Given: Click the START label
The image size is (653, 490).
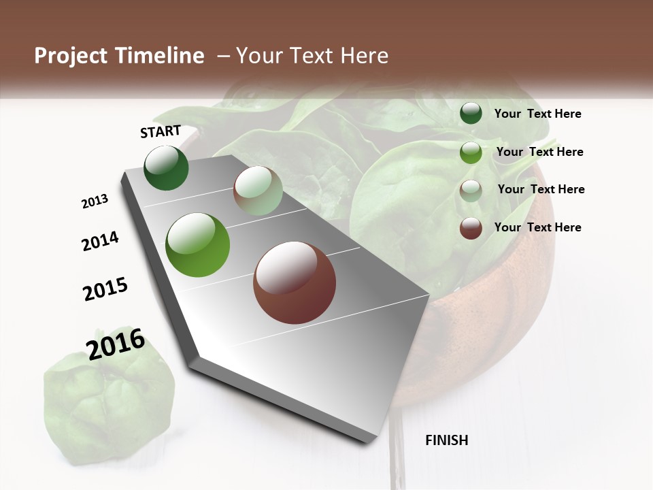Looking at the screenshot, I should [x=161, y=131].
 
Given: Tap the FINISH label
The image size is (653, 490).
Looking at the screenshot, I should [x=447, y=440].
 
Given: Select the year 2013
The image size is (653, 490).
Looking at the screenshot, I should [x=95, y=201].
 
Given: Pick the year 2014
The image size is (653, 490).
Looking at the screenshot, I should [x=100, y=241].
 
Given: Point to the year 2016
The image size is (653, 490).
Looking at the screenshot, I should [x=116, y=344].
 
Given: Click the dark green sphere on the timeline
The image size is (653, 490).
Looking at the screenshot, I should [x=166, y=167].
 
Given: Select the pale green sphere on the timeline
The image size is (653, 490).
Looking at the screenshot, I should [x=258, y=191].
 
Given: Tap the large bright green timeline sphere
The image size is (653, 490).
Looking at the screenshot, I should [x=198, y=245].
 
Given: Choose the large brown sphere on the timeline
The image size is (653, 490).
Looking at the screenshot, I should [x=295, y=282].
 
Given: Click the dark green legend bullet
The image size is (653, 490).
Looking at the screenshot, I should [x=471, y=114].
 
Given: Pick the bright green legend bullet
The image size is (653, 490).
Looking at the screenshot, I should [x=471, y=152].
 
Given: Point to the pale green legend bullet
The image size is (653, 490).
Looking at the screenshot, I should [x=471, y=190].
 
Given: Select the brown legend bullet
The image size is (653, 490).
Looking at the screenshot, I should [x=471, y=228].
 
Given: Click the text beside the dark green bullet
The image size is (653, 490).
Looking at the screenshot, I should [x=537, y=114].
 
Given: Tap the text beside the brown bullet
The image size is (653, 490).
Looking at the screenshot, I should [x=537, y=227].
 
